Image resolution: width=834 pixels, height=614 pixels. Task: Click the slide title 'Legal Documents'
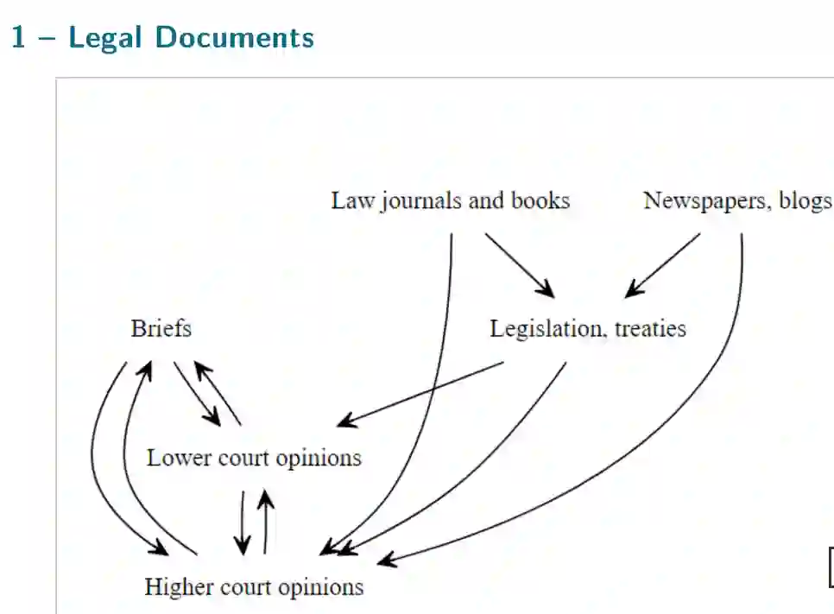pos(191,38)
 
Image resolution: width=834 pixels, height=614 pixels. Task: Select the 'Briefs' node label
pos(161,329)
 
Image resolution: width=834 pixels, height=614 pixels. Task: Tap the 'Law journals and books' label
pos(450,201)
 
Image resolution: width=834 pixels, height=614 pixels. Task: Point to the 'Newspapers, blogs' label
pos(737,201)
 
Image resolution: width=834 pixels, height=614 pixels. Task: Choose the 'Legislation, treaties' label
pos(588,329)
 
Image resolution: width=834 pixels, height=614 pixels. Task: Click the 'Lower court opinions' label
pos(254,457)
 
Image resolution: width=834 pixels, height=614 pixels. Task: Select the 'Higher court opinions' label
pos(254,587)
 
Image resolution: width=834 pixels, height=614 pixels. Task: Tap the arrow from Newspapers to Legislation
pos(663,265)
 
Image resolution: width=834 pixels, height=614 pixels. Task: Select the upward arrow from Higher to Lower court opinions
pos(266,522)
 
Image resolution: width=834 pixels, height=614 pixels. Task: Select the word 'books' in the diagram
pos(540,201)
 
